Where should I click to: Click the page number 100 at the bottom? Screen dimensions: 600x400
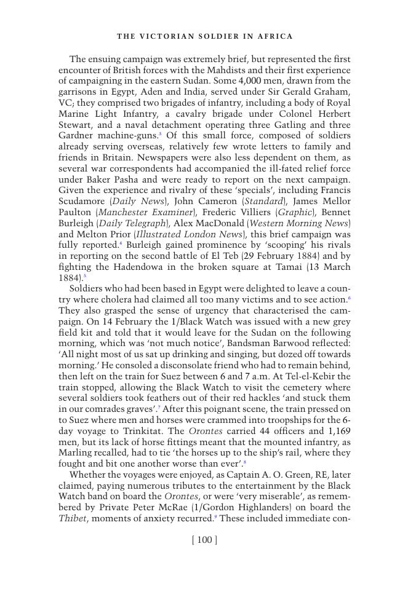pyautogui.click(x=205, y=540)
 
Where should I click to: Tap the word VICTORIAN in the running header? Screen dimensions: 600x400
pyautogui.click(x=164, y=36)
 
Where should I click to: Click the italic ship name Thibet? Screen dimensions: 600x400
pyautogui.click(x=73, y=518)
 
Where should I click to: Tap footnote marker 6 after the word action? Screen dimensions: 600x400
pyautogui.click(x=349, y=298)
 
